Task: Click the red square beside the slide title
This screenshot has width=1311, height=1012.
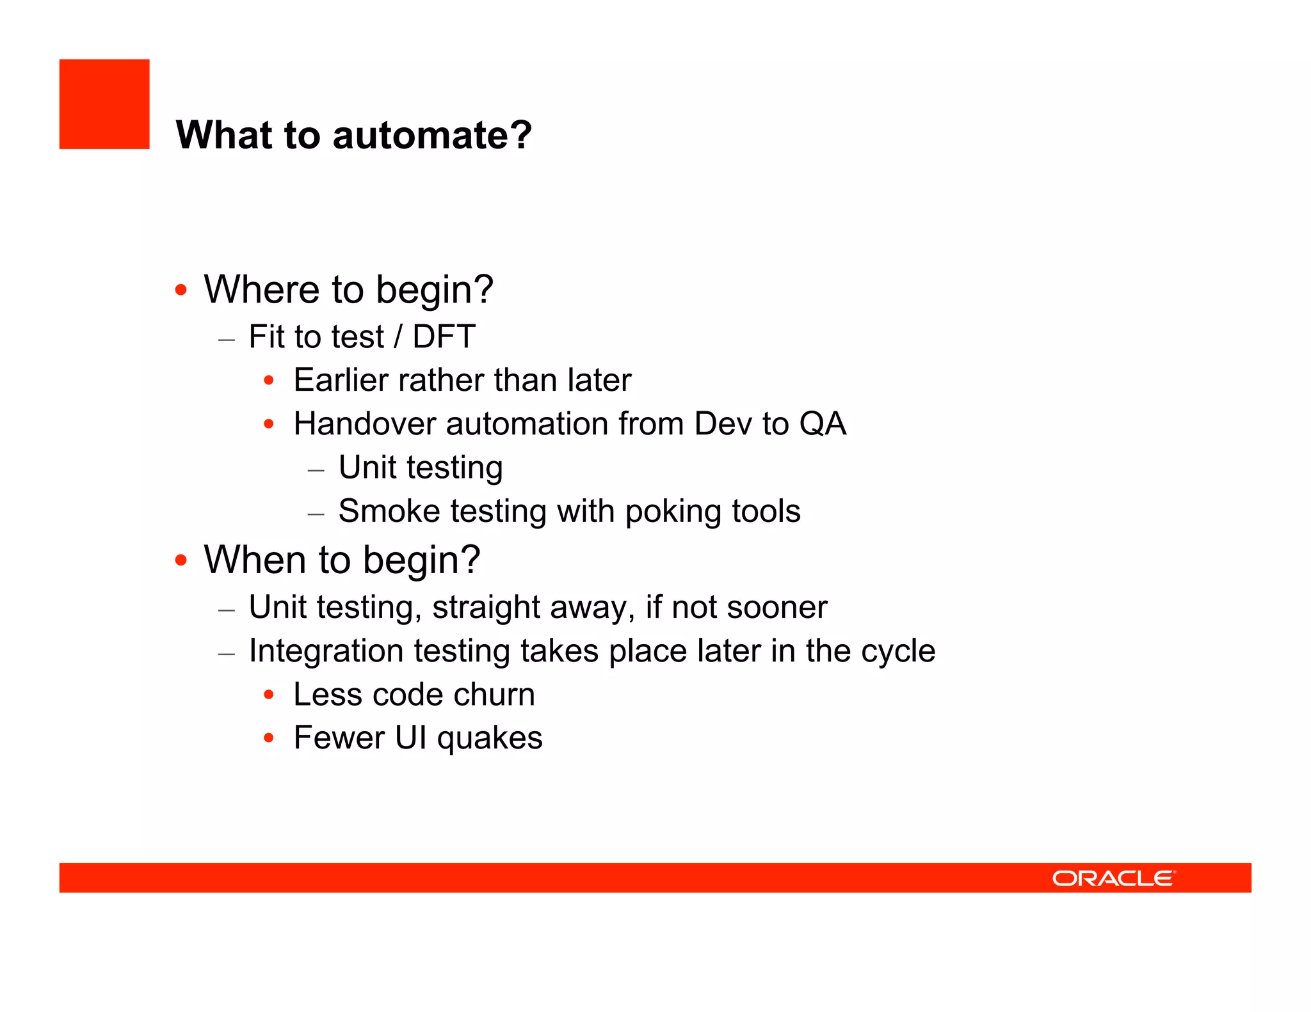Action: pos(104,104)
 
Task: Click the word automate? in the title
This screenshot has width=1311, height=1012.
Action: pos(432,136)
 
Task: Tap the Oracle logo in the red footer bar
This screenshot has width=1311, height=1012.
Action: pos(1113,878)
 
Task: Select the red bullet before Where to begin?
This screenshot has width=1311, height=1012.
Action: pos(181,290)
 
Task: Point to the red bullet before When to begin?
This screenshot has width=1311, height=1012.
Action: pos(181,560)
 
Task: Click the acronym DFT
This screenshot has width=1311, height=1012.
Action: pos(444,337)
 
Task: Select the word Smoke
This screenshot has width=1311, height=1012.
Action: pos(389,512)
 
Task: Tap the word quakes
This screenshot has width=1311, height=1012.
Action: pos(490,739)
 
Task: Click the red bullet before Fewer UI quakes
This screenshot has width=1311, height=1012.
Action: pos(269,738)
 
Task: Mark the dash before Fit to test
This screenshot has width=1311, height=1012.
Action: pos(227,340)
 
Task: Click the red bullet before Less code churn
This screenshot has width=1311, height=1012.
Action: pos(269,695)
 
